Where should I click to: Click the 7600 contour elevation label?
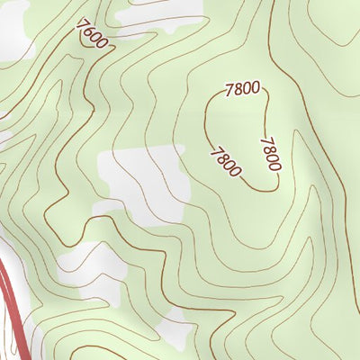pos(92,34)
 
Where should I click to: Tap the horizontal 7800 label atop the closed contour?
pos(242,88)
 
